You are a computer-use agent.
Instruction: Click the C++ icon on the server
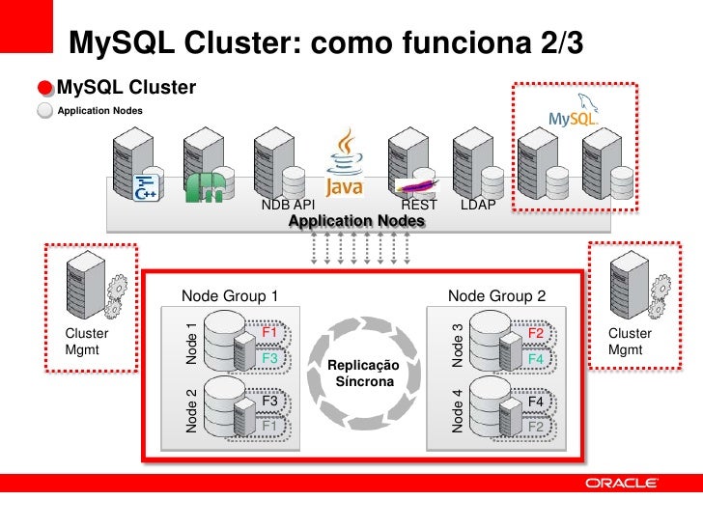click(x=147, y=187)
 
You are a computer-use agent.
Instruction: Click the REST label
click(x=419, y=206)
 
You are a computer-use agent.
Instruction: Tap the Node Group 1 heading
click(x=230, y=295)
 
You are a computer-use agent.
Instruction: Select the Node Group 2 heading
click(x=497, y=295)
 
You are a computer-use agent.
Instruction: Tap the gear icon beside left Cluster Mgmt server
click(x=117, y=287)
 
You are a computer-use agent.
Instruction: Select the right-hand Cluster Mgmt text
click(x=630, y=342)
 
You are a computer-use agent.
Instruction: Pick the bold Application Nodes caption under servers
click(x=356, y=222)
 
